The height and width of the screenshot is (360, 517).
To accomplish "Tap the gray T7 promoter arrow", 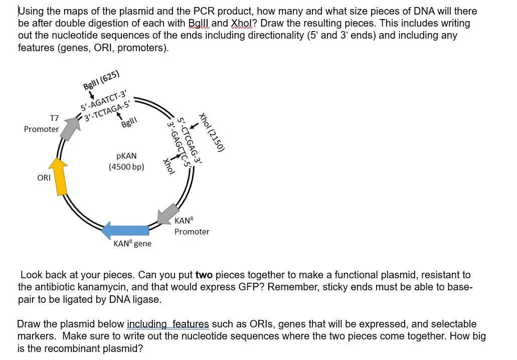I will (72, 125).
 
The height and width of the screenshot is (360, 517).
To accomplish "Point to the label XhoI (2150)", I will (213, 131).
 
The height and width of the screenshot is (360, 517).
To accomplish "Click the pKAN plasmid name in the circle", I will (126, 156).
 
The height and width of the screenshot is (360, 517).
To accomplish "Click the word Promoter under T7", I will (41, 129).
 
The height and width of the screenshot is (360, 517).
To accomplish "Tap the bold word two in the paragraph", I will (204, 275).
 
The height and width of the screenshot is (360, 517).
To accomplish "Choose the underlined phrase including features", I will (167, 324).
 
